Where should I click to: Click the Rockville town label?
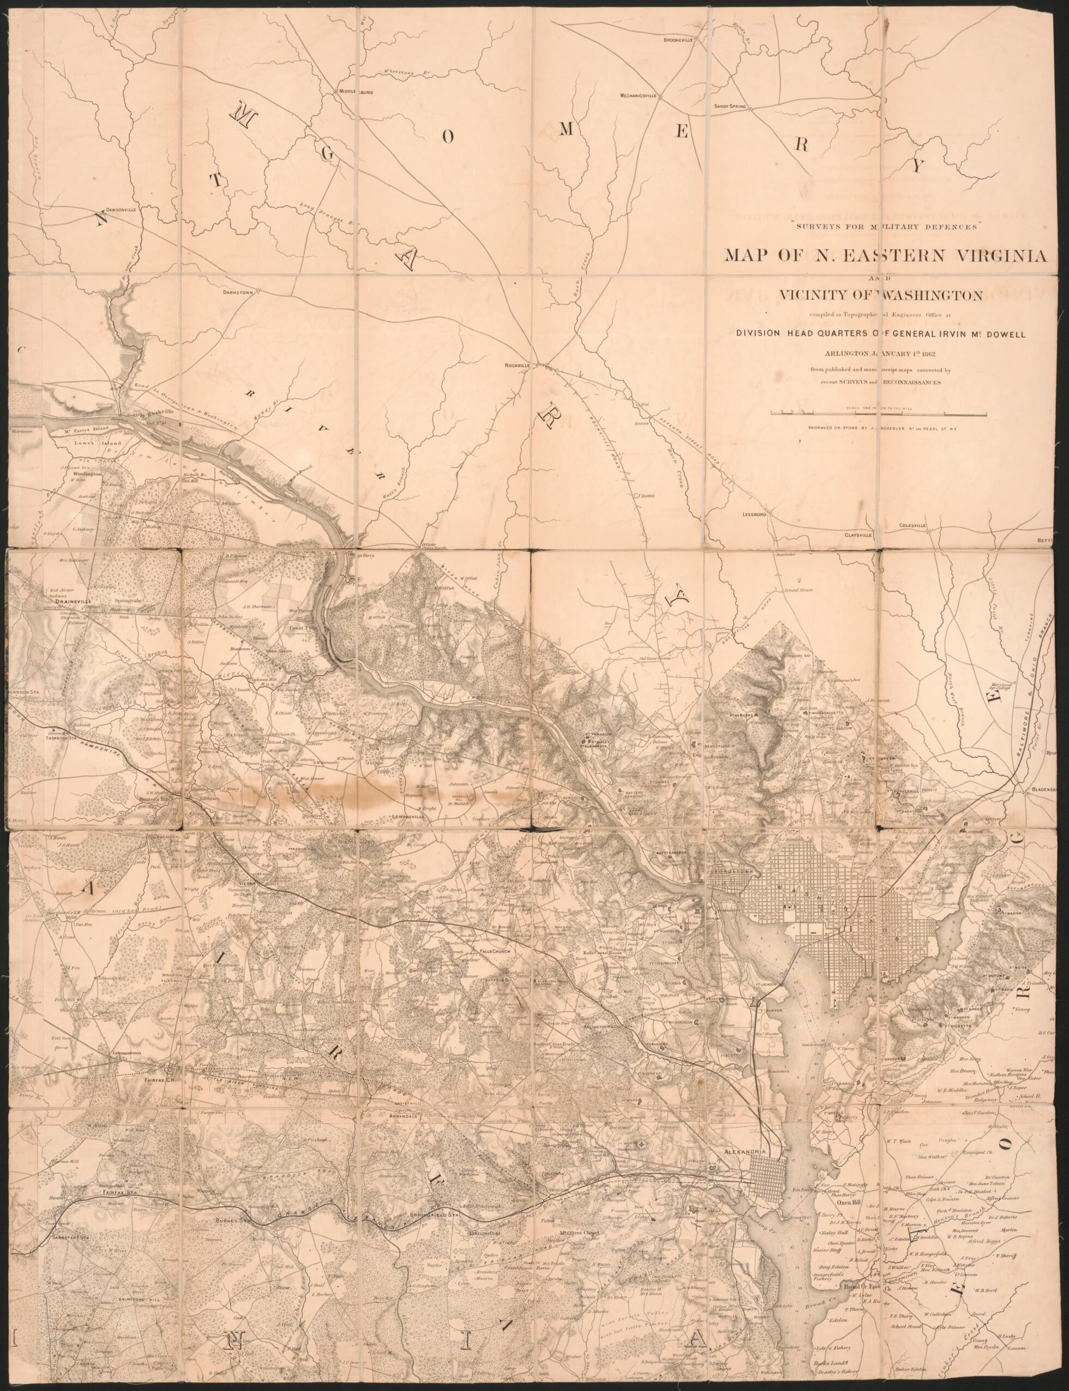click(517, 365)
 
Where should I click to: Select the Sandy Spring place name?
click(729, 106)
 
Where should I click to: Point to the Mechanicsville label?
click(638, 95)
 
